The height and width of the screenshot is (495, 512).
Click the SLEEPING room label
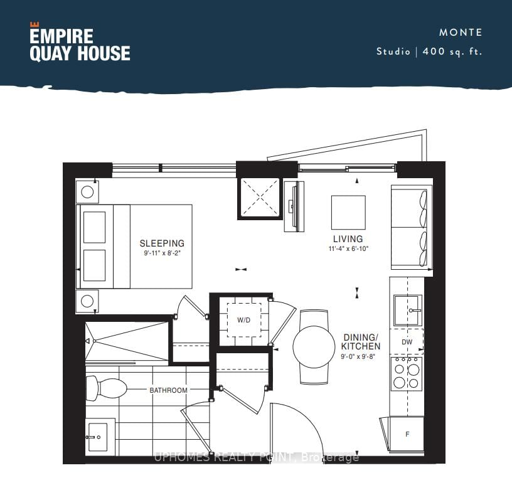pyautogui.click(x=162, y=243)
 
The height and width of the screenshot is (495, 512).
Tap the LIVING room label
pyautogui.click(x=348, y=239)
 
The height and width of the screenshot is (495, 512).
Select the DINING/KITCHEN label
pyautogui.click(x=361, y=342)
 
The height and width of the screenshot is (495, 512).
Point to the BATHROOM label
pyautogui.click(x=169, y=390)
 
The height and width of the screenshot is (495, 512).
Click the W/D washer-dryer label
pyautogui.click(x=244, y=320)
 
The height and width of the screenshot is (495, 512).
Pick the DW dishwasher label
pyautogui.click(x=407, y=342)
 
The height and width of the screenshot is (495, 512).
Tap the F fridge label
pyautogui.click(x=407, y=434)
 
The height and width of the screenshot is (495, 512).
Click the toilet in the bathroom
pyautogui.click(x=106, y=388)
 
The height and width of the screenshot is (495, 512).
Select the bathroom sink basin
pyautogui.click(x=97, y=437)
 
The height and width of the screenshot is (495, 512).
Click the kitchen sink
pyautogui.click(x=407, y=310)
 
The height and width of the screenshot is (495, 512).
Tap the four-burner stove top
pyautogui.click(x=407, y=374)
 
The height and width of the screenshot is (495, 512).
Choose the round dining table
pyautogui.click(x=314, y=347)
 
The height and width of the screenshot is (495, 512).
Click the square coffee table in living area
pyautogui.click(x=348, y=213)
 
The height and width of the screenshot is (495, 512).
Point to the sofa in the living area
pyautogui.click(x=412, y=227)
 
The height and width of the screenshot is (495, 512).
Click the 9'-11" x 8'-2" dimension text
pyautogui.click(x=163, y=253)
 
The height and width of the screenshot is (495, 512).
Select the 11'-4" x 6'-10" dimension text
pyautogui.click(x=348, y=248)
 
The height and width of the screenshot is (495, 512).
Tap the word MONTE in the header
pyautogui.click(x=461, y=33)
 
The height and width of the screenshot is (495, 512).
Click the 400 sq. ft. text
pyautogui.click(x=452, y=51)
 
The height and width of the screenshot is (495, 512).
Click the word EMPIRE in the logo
pyautogui.click(x=61, y=36)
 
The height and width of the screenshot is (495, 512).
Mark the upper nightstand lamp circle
pyautogui.click(x=87, y=192)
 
